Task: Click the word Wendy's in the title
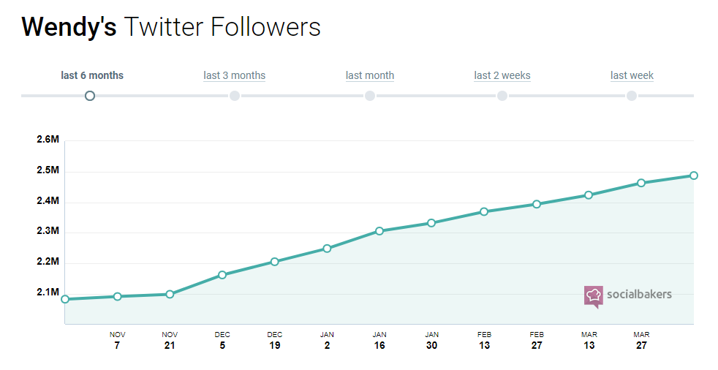point(69,28)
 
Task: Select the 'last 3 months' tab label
point(234,75)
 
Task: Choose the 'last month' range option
point(370,75)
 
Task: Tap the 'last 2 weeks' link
point(502,75)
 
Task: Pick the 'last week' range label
point(632,75)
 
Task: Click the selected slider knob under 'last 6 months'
point(90,96)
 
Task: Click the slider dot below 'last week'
point(632,96)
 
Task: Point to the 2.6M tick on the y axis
point(48,140)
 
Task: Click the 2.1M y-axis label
point(48,292)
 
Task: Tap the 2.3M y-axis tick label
point(48,231)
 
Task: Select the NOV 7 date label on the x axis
point(117,340)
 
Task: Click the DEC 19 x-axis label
point(275,340)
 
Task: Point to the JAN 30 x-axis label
point(432,340)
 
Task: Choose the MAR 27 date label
point(641,340)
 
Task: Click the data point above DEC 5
point(222,275)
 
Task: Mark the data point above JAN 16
point(379,231)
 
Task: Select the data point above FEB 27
point(537,204)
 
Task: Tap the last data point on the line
point(694,175)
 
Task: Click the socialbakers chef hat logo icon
point(593,295)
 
